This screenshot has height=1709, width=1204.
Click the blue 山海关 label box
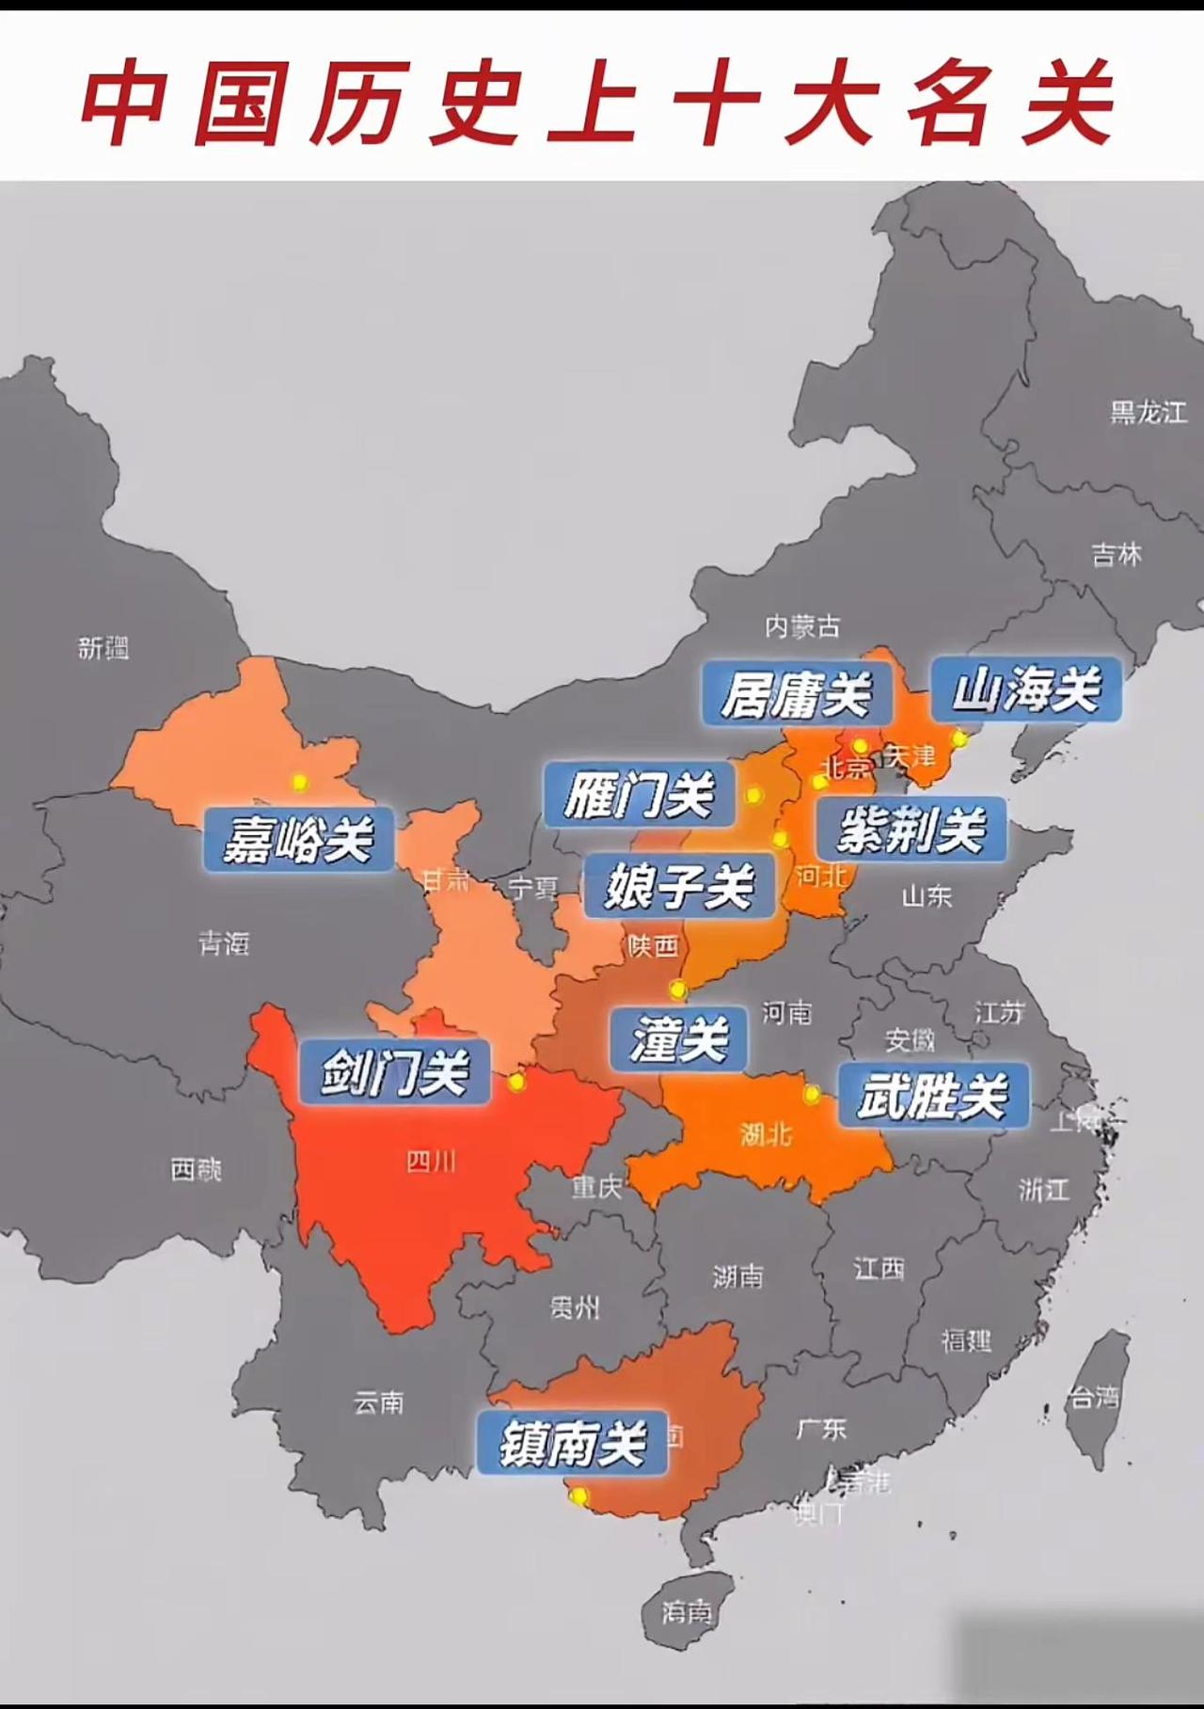1026,690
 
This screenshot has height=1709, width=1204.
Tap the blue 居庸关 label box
797,694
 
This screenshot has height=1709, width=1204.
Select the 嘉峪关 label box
298,838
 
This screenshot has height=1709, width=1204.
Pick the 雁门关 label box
640,795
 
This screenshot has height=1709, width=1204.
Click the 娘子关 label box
679,885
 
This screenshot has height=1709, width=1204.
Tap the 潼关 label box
678,1038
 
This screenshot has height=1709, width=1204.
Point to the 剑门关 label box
394,1071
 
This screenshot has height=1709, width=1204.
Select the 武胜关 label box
933,1096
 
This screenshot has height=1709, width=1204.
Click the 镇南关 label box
572,1442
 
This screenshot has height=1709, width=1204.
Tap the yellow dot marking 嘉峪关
299,782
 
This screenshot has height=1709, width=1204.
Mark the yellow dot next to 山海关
959,738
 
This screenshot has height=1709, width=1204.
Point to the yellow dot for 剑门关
515,1083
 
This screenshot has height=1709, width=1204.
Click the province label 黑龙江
1148,412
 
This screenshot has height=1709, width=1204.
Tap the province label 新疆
103,647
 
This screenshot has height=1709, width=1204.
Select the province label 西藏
196,1169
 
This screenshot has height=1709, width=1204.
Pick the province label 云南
378,1402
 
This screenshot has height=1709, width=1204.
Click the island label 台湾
1094,1397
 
